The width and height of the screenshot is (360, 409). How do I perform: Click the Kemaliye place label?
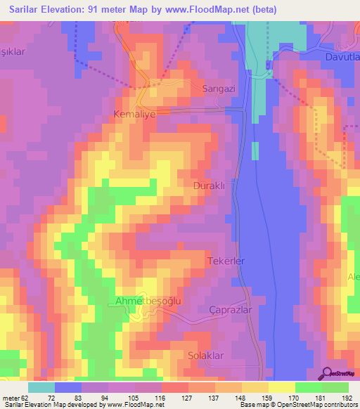(133, 112)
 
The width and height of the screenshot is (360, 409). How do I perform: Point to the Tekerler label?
(226, 261)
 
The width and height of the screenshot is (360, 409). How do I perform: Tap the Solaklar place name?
(206, 356)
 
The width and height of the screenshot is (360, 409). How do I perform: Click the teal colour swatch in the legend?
(41, 387)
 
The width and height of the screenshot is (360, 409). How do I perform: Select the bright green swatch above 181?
(308, 387)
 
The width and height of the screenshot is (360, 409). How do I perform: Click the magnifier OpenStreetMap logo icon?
(326, 373)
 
